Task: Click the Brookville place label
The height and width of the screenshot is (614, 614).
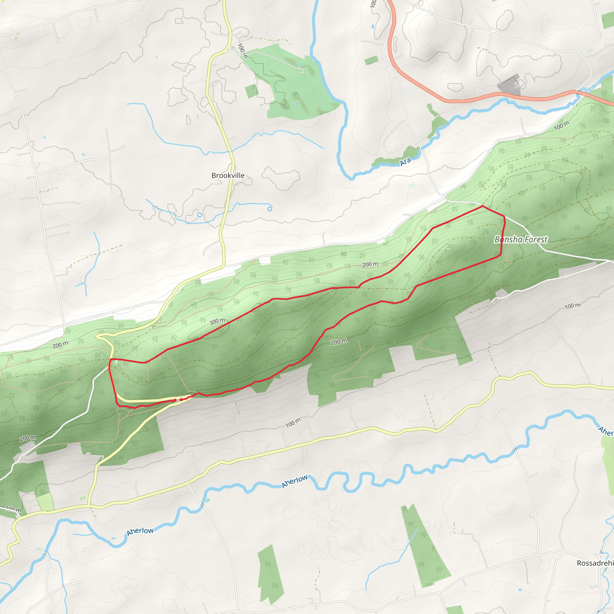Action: (228, 175)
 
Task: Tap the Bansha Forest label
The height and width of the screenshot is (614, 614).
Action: (521, 240)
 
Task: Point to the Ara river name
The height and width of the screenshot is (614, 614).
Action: (405, 162)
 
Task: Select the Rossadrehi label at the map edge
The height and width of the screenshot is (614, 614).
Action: (595, 563)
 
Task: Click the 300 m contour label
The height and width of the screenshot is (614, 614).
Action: (217, 322)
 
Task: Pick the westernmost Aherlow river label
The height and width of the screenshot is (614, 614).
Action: (140, 531)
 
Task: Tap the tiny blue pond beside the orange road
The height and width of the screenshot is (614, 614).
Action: (373, 27)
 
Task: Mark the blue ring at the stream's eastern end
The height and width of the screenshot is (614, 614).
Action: (270, 209)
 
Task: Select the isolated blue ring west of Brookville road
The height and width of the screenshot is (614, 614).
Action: (200, 215)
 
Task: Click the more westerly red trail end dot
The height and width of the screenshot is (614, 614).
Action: (175, 401)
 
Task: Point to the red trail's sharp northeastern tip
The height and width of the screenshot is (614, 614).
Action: (482, 206)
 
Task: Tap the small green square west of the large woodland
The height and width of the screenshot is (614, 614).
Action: (251, 91)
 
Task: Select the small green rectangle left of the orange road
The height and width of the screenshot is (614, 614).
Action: (371, 60)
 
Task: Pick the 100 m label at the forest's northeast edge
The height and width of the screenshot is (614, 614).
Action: (562, 126)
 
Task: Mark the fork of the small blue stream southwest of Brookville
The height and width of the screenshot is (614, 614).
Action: (85, 282)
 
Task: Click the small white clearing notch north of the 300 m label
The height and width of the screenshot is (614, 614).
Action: (265, 261)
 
